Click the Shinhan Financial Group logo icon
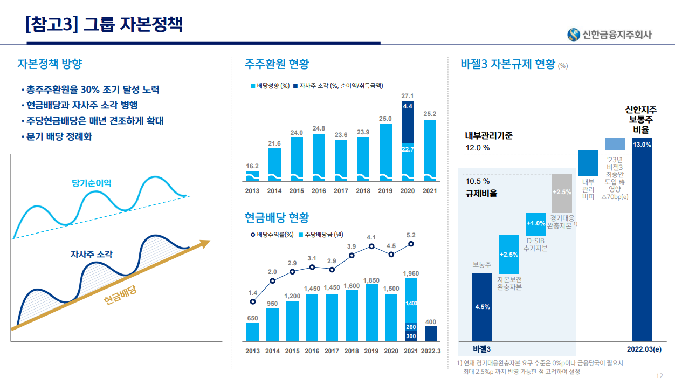pyautogui.click(x=573, y=34)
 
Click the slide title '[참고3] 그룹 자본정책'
pyautogui.click(x=104, y=24)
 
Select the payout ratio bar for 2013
pyautogui.click(x=252, y=176)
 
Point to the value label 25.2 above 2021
pyautogui.click(x=430, y=114)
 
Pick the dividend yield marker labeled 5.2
pyautogui.click(x=411, y=244)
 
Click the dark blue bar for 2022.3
pyautogui.click(x=431, y=334)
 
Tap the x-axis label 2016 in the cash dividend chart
pyautogui.click(x=312, y=351)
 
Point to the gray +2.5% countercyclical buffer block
pyautogui.click(x=562, y=193)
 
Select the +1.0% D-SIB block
pyautogui.click(x=535, y=223)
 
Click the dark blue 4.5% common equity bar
pyautogui.click(x=482, y=306)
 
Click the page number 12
pyautogui.click(x=659, y=376)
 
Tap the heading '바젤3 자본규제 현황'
pyautogui.click(x=508, y=64)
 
